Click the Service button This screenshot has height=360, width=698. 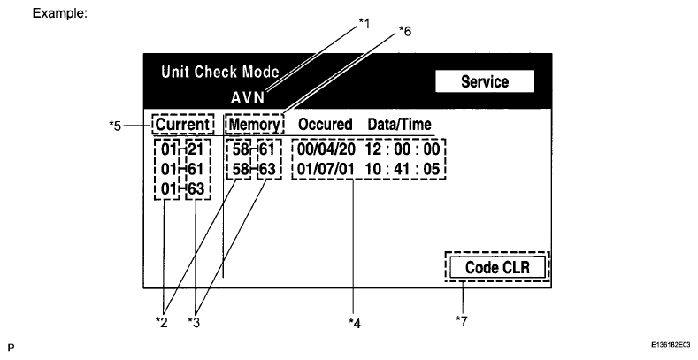pos(485,82)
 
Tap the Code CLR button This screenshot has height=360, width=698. pos(496,266)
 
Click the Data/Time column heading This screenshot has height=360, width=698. pos(399,124)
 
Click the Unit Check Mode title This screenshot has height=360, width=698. pos(219,72)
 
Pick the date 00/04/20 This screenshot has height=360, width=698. pos(326,147)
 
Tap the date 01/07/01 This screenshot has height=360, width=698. pos(326,165)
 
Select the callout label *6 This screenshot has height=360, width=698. pos(405,32)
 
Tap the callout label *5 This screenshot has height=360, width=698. pos(115,125)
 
